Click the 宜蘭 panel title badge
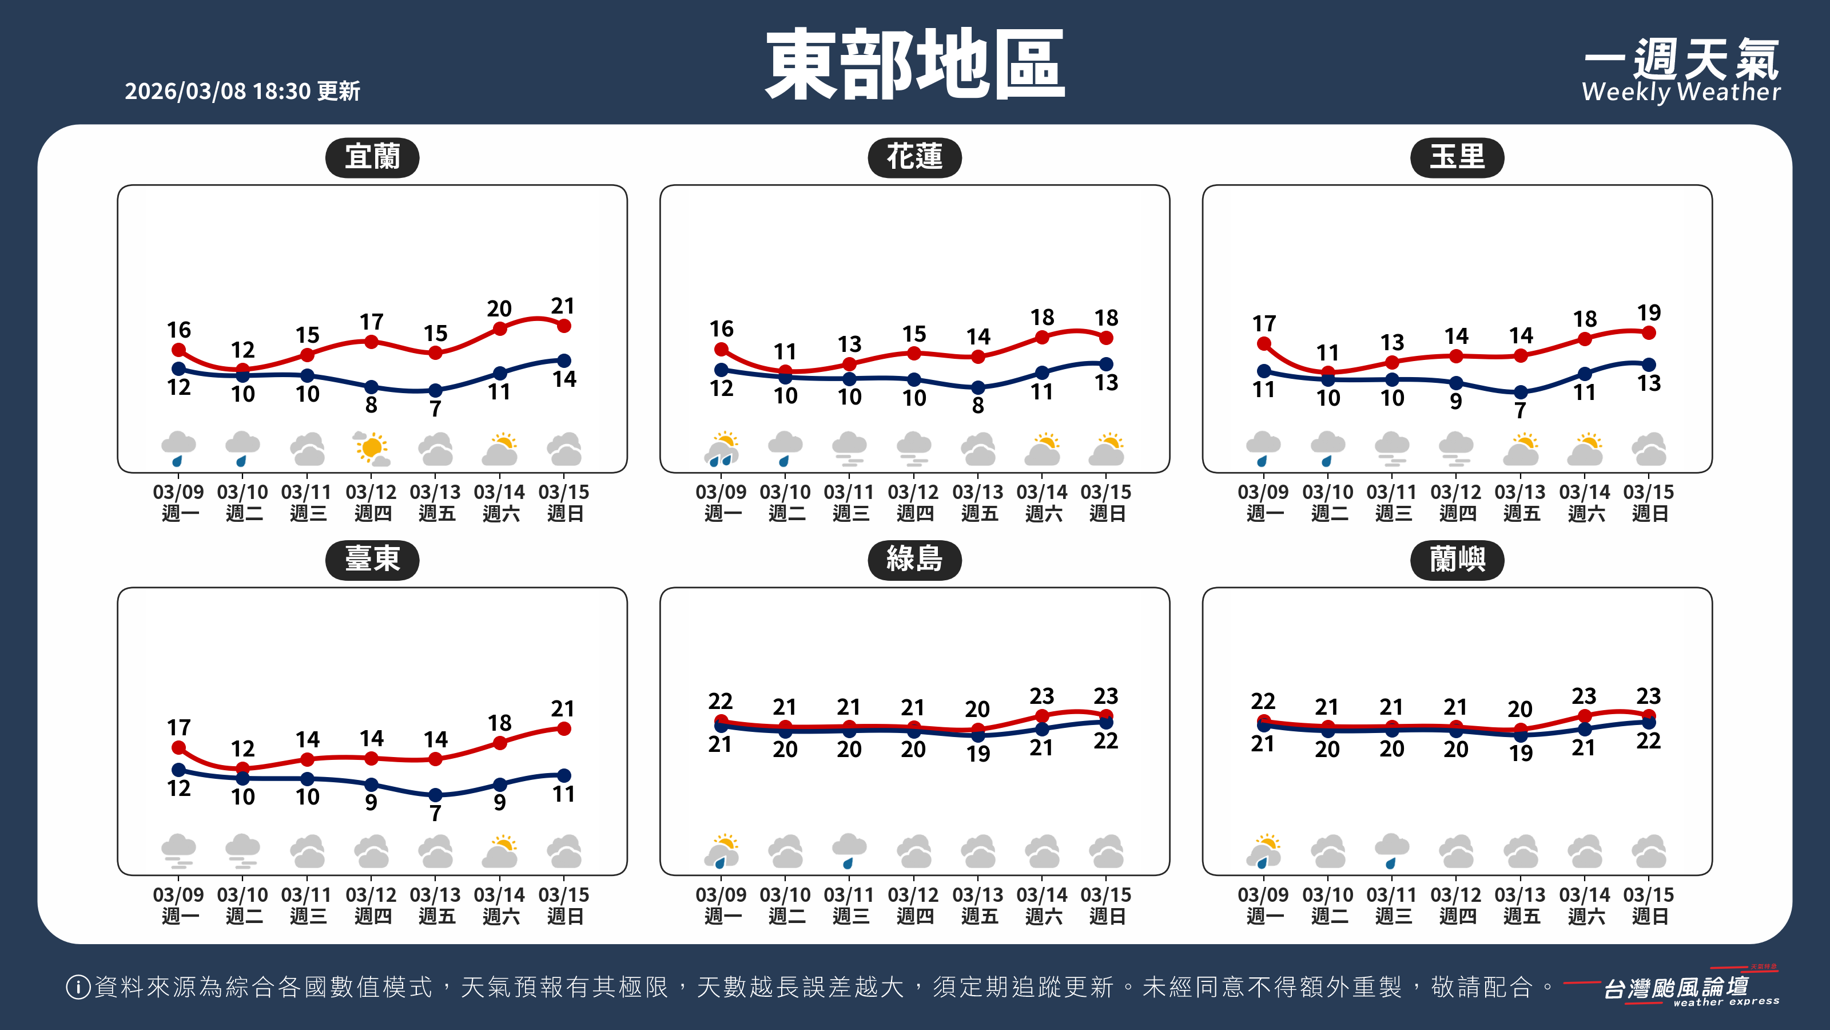click(372, 157)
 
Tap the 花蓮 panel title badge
click(914, 157)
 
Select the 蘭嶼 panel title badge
click(1457, 560)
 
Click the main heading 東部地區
click(914, 65)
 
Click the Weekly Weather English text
click(1681, 92)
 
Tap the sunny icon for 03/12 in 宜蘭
click(371, 449)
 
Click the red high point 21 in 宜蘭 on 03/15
click(564, 326)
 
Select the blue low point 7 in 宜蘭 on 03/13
click(435, 390)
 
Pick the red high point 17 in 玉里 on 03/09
click(1264, 344)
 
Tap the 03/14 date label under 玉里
click(1584, 492)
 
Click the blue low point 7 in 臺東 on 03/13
click(435, 795)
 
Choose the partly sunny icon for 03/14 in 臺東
click(500, 851)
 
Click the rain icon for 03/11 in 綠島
click(849, 851)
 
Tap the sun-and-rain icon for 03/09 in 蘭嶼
click(1264, 851)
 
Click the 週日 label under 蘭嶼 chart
click(1649, 916)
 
